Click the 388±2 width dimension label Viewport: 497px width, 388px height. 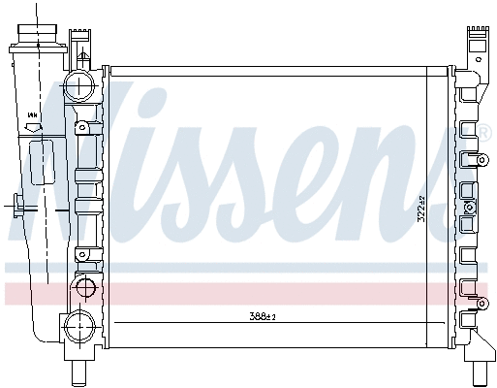[x=264, y=316]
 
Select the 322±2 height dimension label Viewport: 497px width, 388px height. [x=420, y=210]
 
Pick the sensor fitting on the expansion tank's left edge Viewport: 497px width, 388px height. [x=19, y=205]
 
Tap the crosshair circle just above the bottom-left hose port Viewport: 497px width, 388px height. [x=85, y=288]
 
